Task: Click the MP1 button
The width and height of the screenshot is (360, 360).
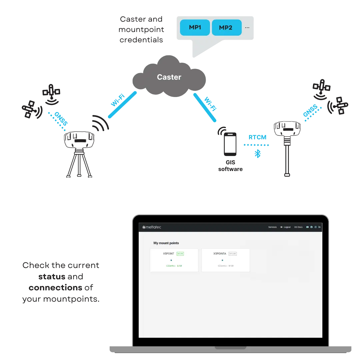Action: click(195, 28)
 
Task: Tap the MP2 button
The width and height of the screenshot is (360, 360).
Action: click(226, 28)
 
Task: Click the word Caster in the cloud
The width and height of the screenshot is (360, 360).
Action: click(169, 77)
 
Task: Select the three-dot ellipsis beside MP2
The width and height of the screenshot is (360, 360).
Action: click(247, 28)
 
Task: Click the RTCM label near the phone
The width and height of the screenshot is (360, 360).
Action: click(257, 137)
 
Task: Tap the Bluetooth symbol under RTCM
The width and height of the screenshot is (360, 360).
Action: click(257, 154)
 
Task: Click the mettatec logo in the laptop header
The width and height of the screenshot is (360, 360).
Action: click(152, 227)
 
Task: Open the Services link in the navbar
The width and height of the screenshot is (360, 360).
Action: click(272, 227)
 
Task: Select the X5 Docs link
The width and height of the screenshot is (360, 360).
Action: click(298, 227)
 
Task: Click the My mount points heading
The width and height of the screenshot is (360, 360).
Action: click(166, 243)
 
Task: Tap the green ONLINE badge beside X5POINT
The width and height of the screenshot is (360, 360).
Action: click(180, 254)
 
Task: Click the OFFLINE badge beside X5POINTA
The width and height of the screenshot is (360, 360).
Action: click(232, 254)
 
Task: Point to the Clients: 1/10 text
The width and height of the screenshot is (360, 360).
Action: click(174, 266)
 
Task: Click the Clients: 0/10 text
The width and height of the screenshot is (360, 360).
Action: click(226, 266)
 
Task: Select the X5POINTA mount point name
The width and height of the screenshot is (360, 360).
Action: click(220, 254)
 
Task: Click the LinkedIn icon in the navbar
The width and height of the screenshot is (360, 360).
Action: click(319, 227)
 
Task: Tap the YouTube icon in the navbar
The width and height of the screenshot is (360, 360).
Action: click(307, 227)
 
